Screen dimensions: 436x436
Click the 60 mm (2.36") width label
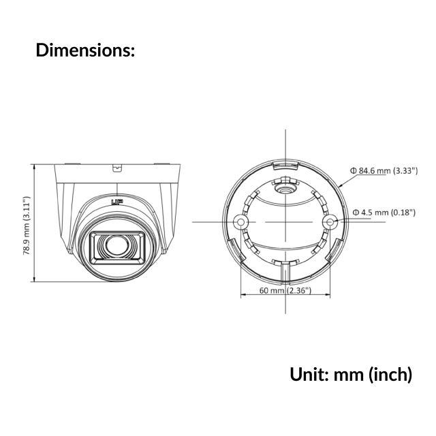coord(285,291)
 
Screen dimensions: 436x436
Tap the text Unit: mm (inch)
coord(350,374)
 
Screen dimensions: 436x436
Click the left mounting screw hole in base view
coord(239,222)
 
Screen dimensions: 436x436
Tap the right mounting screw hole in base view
coord(330,222)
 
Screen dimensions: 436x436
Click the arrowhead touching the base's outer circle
coord(339,185)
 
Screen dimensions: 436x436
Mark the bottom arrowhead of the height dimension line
coord(35,279)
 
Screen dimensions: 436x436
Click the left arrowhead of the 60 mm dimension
coord(243,296)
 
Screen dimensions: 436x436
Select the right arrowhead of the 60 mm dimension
coord(328,296)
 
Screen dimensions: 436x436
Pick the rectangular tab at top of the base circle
coord(285,164)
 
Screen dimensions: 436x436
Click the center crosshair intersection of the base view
coord(285,222)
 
